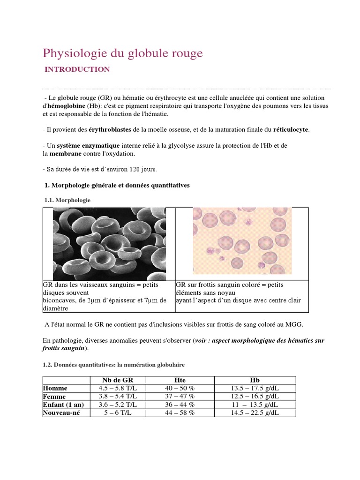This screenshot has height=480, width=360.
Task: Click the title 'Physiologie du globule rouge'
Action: coord(123,53)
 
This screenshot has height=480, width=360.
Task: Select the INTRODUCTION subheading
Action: coord(77,69)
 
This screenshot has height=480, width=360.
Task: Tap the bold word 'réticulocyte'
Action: coord(291,129)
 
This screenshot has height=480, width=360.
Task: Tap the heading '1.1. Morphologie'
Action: coord(67,200)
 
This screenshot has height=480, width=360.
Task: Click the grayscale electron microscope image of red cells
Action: coord(109,243)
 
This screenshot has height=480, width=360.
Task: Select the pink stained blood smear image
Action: coord(242,241)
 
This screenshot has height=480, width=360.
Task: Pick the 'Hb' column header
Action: coord(255,380)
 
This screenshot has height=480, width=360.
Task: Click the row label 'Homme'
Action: coord(55,388)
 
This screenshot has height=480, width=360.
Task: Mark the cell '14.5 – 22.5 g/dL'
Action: coord(255,413)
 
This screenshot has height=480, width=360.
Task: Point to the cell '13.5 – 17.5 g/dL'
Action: coord(255,388)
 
